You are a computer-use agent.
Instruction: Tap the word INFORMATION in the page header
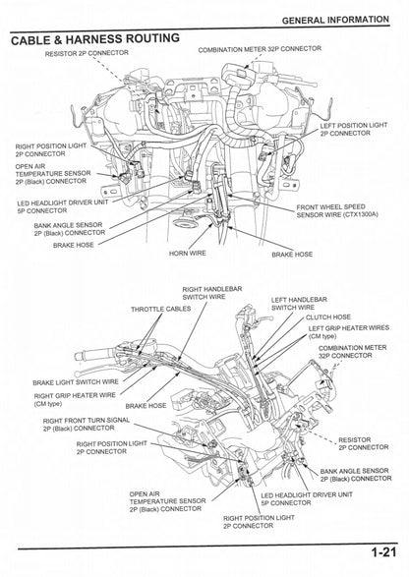[362, 20]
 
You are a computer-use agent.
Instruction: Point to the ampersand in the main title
[69, 39]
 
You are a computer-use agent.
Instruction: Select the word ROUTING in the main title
[152, 39]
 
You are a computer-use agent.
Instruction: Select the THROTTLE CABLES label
[158, 310]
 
